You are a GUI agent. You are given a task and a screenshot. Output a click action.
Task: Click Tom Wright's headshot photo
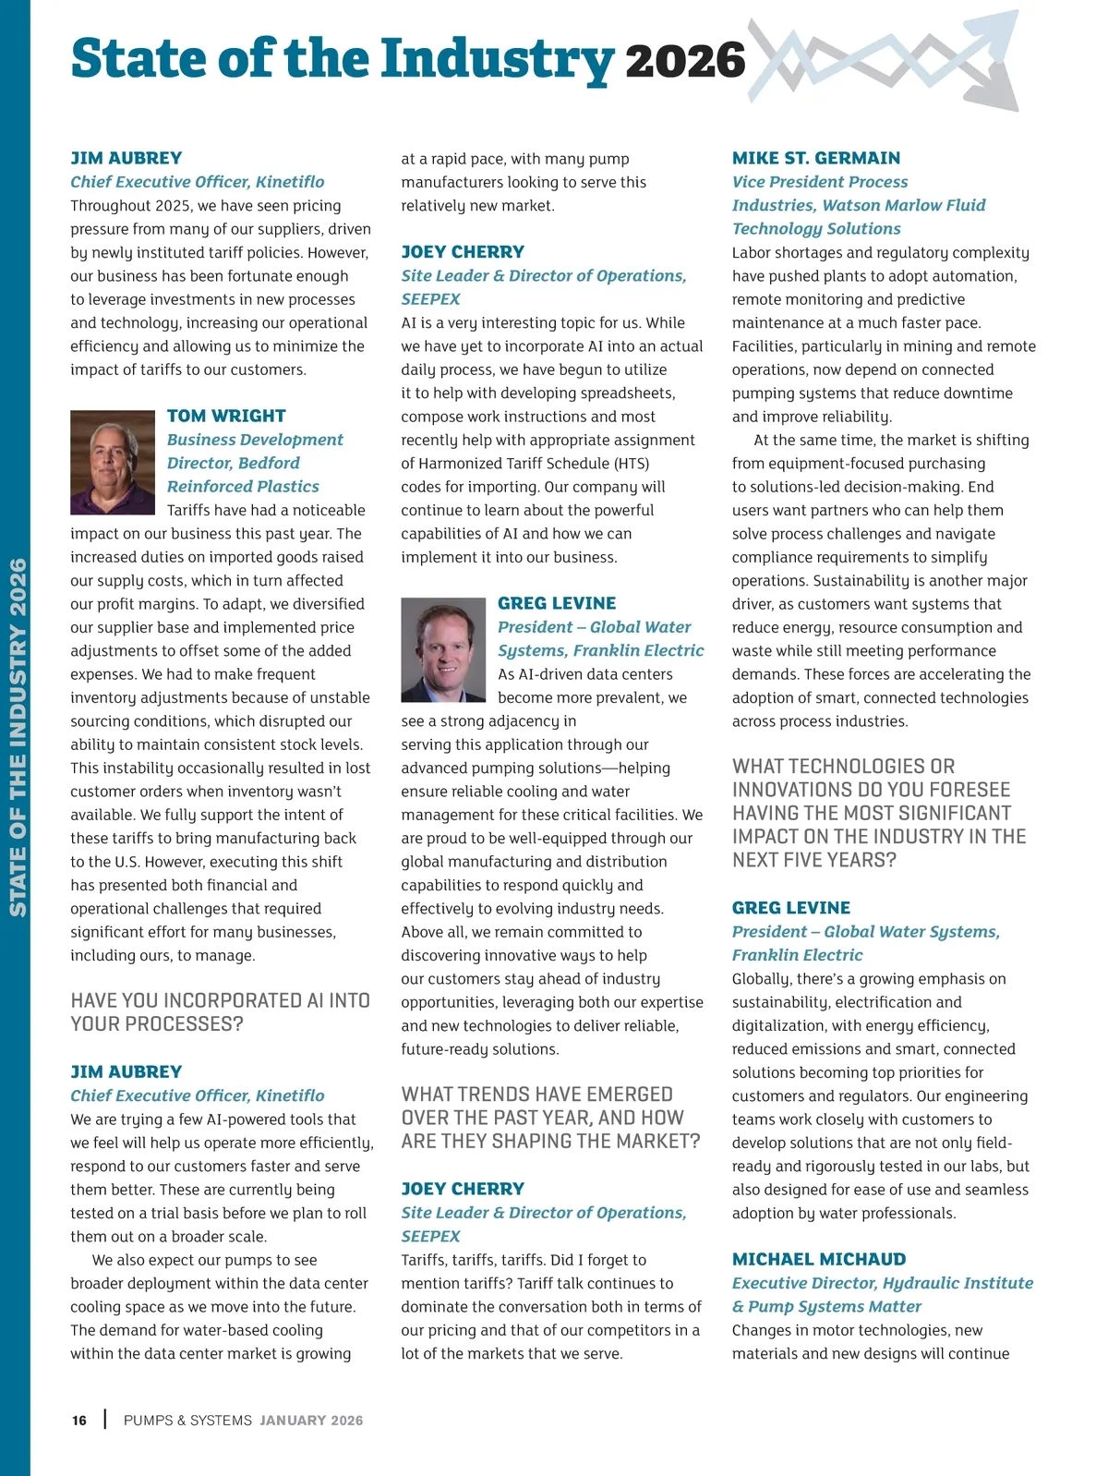coord(113,462)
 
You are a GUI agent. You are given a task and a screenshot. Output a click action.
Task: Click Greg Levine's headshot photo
coord(443,649)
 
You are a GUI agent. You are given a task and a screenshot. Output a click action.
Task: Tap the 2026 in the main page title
coord(684,61)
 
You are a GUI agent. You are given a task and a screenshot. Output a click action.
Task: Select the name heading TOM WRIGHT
coord(226,416)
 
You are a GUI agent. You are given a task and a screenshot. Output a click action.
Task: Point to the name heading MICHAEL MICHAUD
coord(819,1259)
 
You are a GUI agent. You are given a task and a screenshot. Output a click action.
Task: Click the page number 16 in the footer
coord(79,1421)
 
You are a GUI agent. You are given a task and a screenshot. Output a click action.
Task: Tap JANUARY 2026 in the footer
coord(311,1421)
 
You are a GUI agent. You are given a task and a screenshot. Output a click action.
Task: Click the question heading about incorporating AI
coord(220,1012)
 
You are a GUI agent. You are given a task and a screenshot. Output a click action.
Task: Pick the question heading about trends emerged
coord(550,1118)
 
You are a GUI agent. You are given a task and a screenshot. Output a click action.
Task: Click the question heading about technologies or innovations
coord(878,813)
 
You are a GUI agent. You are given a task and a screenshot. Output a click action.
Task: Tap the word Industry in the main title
coord(497,59)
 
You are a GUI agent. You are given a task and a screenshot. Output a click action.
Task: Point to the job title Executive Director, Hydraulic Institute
coord(882,1283)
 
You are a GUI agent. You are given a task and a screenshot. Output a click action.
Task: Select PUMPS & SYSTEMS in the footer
coord(187,1421)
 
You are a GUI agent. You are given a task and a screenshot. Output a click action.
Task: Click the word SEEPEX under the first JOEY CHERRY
coord(430,299)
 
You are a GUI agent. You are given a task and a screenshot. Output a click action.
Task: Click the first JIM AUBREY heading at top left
coord(126,158)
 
